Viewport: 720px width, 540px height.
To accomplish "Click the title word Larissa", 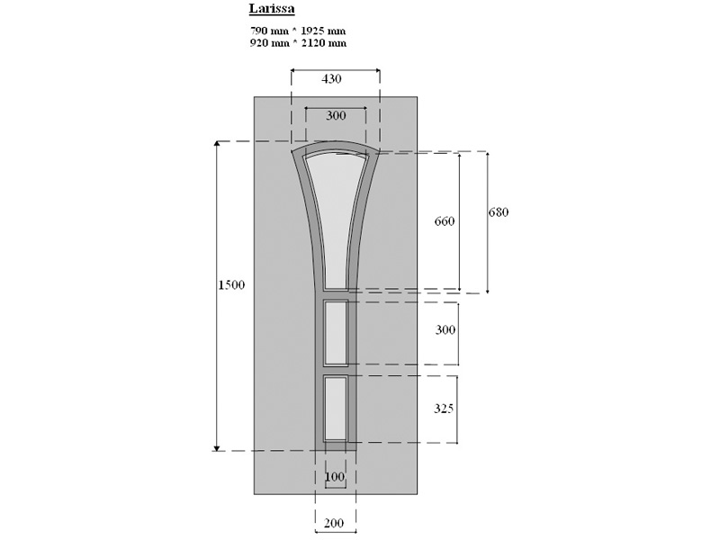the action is [x=272, y=9].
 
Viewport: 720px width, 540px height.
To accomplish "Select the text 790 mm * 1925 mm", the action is [x=298, y=31].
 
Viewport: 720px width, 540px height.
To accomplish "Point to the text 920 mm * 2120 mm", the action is [x=298, y=42].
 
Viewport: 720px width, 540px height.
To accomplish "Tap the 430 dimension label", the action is [x=331, y=79].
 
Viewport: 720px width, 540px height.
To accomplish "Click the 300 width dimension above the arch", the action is [x=336, y=116].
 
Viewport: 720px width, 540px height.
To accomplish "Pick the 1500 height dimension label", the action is [x=231, y=285].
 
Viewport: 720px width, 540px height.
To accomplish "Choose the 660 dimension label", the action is [x=445, y=221].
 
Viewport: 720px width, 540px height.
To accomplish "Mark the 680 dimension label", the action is [x=499, y=212].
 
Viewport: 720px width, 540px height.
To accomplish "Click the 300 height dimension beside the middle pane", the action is [x=445, y=329].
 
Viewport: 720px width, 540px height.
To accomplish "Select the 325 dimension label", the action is [x=444, y=409].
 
